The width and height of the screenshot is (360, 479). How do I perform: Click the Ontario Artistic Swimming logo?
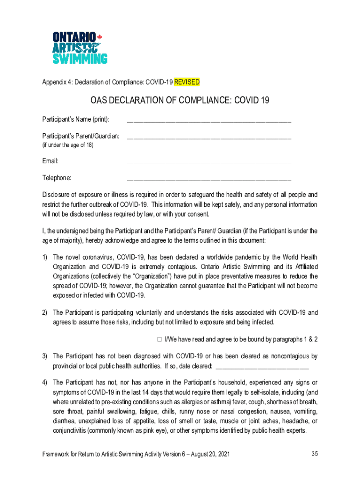pyautogui.click(x=79, y=47)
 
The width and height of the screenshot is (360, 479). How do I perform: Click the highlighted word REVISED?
pyautogui.click(x=187, y=82)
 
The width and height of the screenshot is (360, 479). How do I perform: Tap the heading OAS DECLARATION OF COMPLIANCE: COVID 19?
pyautogui.click(x=180, y=101)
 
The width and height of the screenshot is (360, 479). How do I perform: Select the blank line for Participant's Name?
pyautogui.click(x=209, y=121)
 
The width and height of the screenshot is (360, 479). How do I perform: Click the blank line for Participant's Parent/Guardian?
pyautogui.click(x=209, y=138)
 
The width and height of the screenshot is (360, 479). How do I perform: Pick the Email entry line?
pyautogui.click(x=209, y=163)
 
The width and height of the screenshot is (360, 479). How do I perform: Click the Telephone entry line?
pyautogui.click(x=209, y=179)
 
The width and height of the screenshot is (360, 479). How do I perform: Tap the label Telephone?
pyautogui.click(x=57, y=178)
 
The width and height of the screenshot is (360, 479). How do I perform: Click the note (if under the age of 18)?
pyautogui.click(x=68, y=145)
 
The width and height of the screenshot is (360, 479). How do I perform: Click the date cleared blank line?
pyautogui.click(x=262, y=367)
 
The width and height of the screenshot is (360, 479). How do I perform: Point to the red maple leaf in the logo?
pyautogui.click(x=99, y=37)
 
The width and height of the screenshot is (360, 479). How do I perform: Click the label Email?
pyautogui.click(x=50, y=161)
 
